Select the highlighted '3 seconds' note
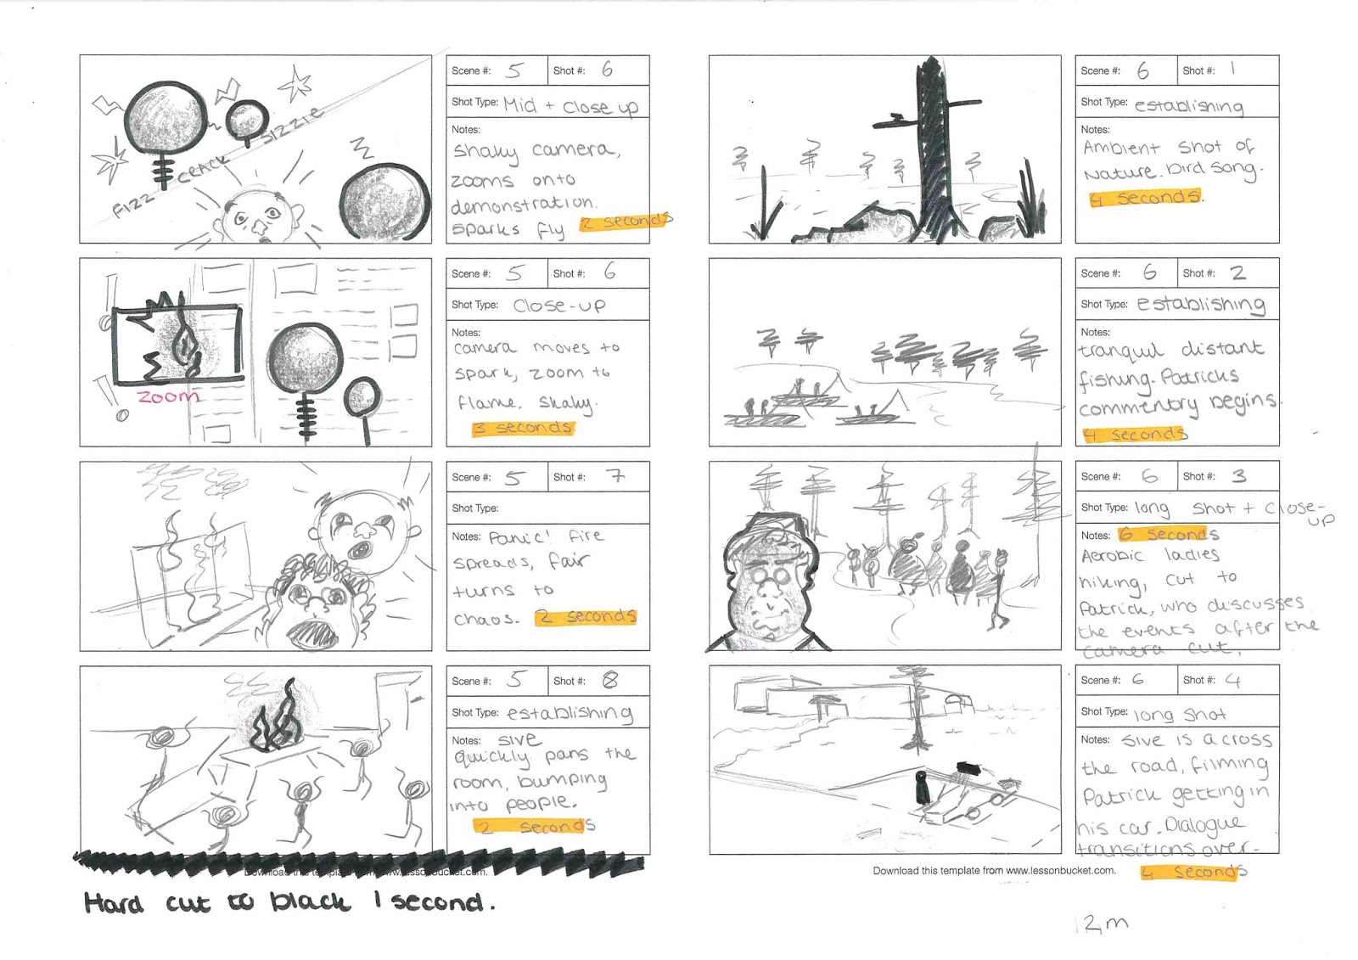(x=523, y=427)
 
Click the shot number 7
(x=615, y=476)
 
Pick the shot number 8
(x=610, y=680)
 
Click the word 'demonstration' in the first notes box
(x=521, y=205)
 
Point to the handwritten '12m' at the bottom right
(x=1103, y=924)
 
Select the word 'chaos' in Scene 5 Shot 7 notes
(x=485, y=619)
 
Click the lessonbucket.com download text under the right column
(x=994, y=870)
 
